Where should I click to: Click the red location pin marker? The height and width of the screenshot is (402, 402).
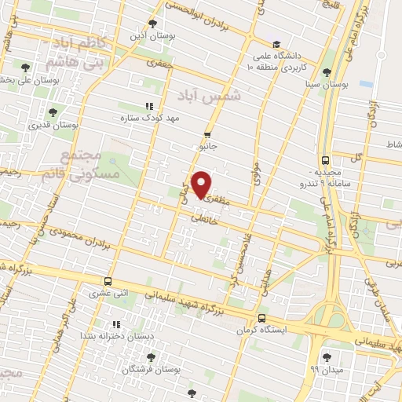[202, 184]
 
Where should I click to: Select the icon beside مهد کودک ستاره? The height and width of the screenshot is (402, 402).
[148, 106]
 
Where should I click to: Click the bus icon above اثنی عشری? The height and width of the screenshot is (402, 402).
[108, 280]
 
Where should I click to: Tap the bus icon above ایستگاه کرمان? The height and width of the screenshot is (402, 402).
[261, 318]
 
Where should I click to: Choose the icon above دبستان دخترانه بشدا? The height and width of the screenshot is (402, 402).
[115, 323]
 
